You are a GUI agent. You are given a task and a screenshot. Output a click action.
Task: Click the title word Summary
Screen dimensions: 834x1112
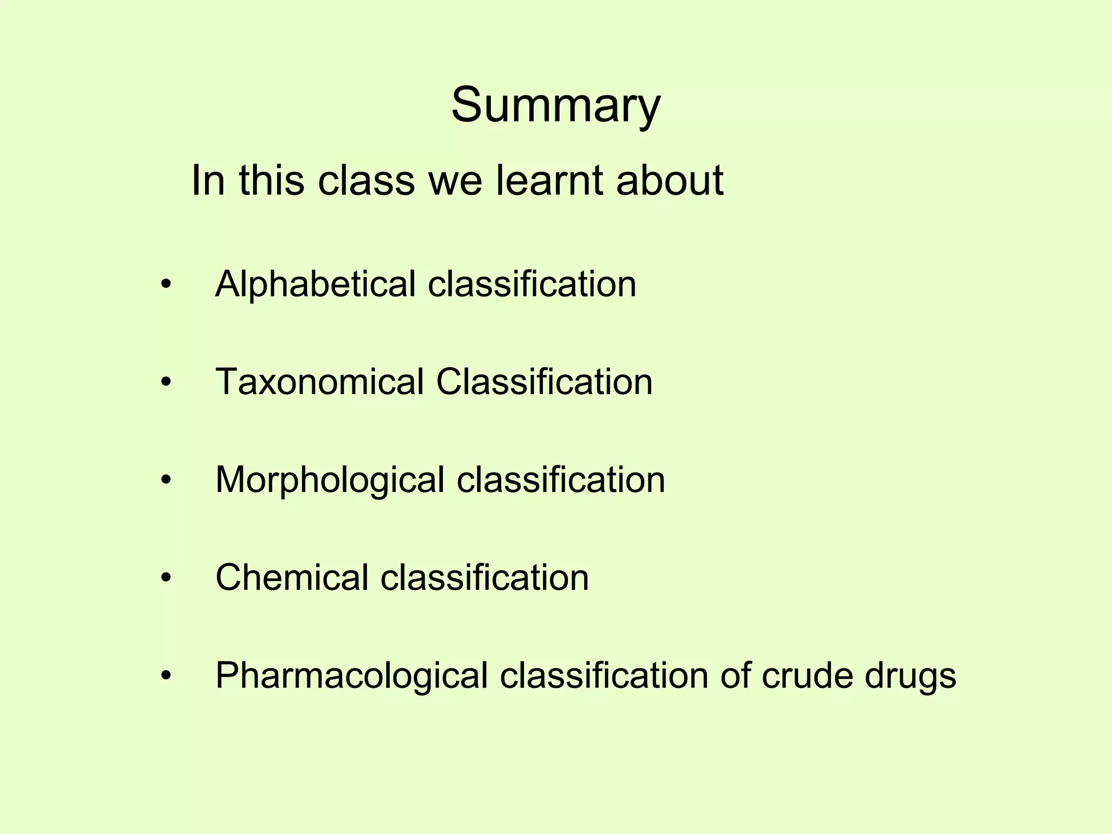pos(555,105)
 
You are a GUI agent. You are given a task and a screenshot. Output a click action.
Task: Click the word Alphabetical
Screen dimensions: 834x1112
pos(315,285)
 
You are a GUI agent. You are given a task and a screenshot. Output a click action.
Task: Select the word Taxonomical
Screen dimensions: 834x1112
pos(319,382)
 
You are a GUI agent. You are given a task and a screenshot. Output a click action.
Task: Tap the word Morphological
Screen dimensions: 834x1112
pos(330,480)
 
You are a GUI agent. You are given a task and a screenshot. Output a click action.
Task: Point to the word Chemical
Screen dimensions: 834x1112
pos(292,577)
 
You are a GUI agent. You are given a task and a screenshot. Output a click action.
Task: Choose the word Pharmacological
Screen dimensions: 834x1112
pos(351,676)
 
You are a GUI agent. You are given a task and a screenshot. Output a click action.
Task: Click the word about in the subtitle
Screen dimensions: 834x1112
pos(669,180)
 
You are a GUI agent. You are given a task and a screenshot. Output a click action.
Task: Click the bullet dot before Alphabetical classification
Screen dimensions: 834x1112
pos(166,284)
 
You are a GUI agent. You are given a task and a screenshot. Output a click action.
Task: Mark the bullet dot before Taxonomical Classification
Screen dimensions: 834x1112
pos(166,382)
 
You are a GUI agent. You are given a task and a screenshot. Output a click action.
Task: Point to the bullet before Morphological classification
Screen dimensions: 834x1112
pos(166,480)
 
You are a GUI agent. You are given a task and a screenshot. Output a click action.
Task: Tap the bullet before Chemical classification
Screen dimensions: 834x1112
pos(166,578)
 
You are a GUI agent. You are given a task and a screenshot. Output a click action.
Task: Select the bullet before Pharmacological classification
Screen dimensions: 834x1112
pos(166,675)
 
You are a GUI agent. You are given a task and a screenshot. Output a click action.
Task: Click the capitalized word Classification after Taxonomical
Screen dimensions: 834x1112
pos(544,382)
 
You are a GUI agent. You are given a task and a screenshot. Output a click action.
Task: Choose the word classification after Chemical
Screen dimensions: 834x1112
pos(484,577)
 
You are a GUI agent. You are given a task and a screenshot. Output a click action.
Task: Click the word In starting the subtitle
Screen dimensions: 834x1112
pos(208,180)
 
